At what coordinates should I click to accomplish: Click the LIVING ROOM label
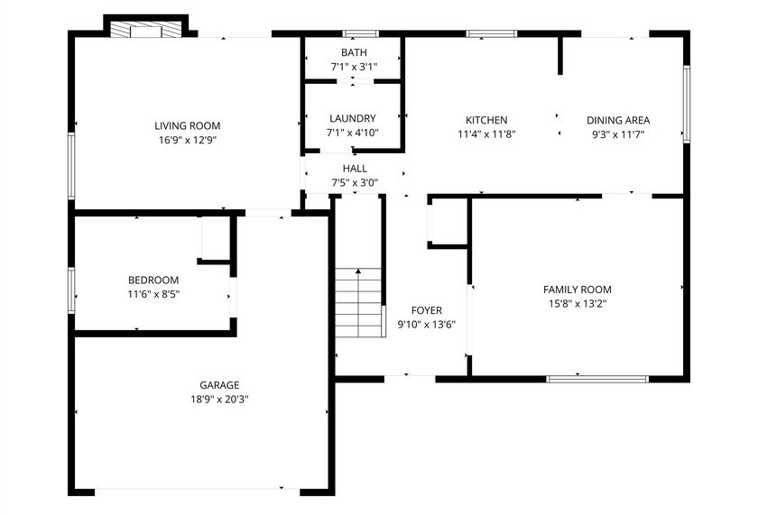(x=187, y=125)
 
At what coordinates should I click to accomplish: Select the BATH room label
(x=354, y=52)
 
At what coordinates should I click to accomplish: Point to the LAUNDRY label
(x=352, y=118)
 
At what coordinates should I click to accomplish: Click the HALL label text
(x=355, y=169)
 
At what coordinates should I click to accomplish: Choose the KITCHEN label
(x=485, y=120)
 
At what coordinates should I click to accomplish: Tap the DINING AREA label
(x=618, y=120)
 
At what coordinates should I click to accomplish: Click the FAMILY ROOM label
(x=577, y=290)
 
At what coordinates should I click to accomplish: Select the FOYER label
(x=426, y=310)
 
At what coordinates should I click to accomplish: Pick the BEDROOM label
(x=153, y=280)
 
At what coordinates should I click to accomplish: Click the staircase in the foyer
(x=359, y=302)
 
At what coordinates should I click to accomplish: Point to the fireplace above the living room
(x=144, y=31)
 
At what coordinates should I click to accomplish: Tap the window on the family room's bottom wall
(x=597, y=379)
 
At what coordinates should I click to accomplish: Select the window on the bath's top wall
(x=360, y=34)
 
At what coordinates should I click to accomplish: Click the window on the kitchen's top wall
(x=491, y=34)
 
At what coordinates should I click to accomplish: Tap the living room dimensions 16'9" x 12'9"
(x=187, y=140)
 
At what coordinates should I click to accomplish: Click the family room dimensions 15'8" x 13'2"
(x=577, y=304)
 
